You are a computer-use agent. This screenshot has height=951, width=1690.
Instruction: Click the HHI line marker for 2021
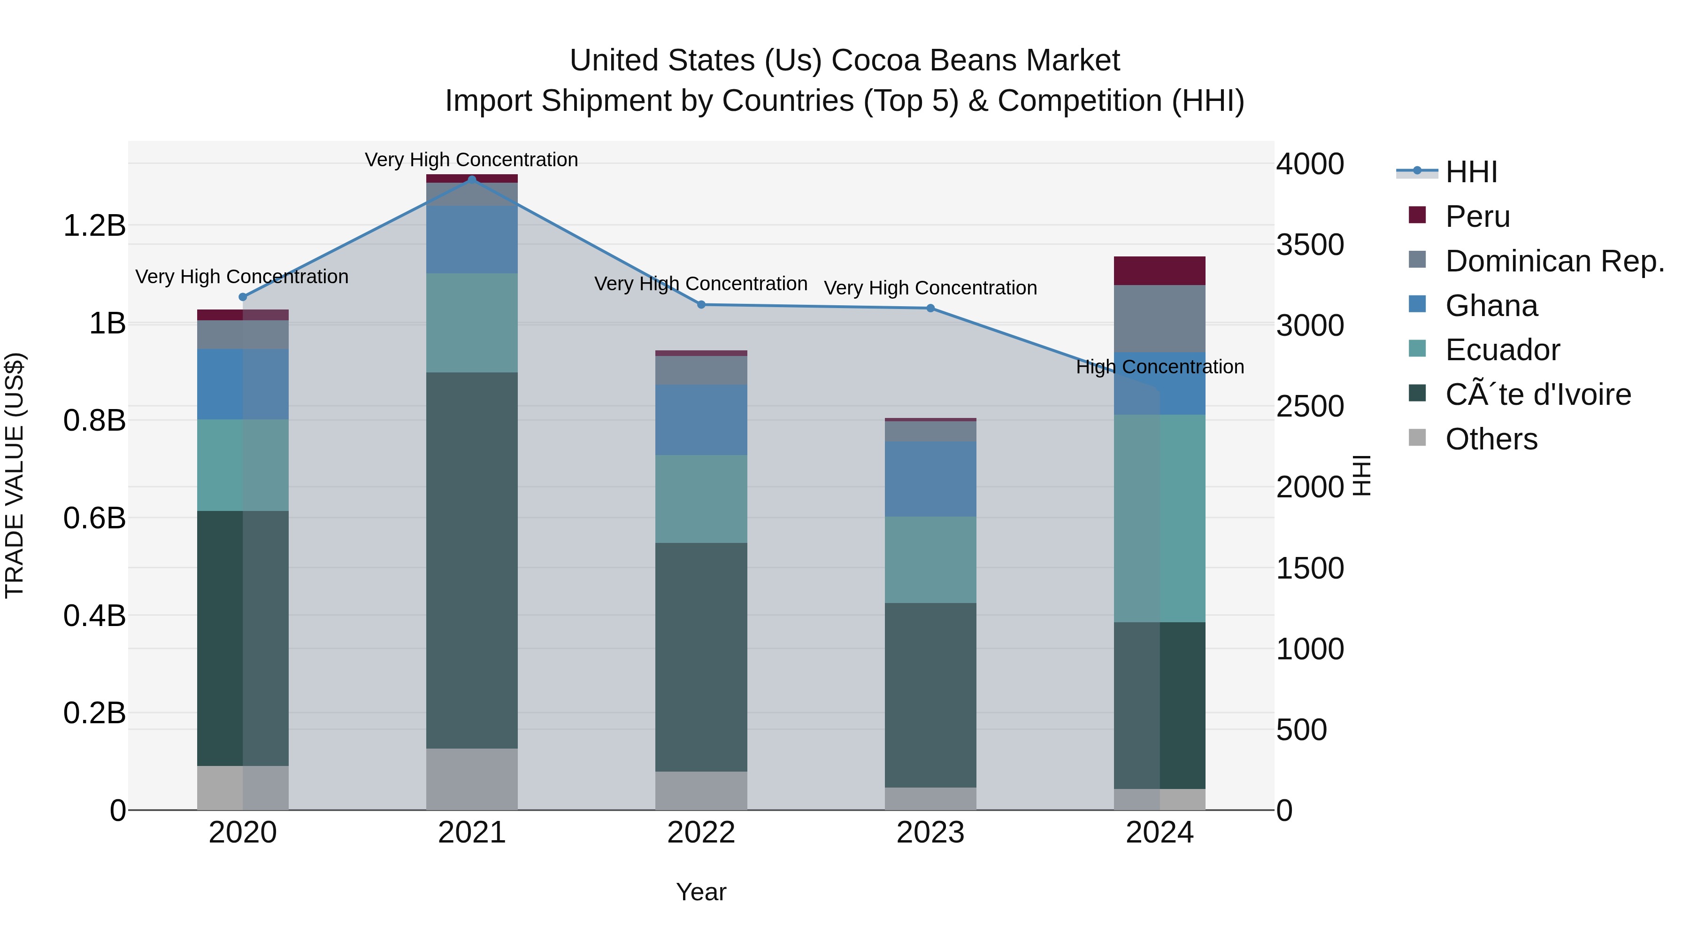point(472,179)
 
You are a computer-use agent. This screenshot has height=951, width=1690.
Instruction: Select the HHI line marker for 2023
point(930,308)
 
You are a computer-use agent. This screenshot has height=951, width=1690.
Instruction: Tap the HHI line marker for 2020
point(243,297)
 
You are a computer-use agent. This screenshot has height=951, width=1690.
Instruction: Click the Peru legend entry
point(1477,216)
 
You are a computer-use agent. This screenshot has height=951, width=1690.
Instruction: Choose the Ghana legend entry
point(1491,306)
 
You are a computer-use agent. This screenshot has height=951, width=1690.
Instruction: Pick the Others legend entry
point(1491,439)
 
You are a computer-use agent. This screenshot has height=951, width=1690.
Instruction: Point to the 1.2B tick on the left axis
point(94,226)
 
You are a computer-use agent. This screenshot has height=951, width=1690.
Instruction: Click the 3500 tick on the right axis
point(1309,245)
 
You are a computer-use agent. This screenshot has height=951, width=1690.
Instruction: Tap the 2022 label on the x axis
point(701,833)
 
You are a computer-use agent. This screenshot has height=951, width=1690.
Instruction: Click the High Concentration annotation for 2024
point(1160,367)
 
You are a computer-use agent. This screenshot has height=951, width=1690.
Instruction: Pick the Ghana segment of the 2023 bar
point(930,479)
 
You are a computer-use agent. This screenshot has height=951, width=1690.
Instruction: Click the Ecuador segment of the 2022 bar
point(701,498)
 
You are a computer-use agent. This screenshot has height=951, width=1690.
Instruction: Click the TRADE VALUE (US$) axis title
point(15,475)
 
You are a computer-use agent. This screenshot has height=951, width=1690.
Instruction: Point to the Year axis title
point(701,892)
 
